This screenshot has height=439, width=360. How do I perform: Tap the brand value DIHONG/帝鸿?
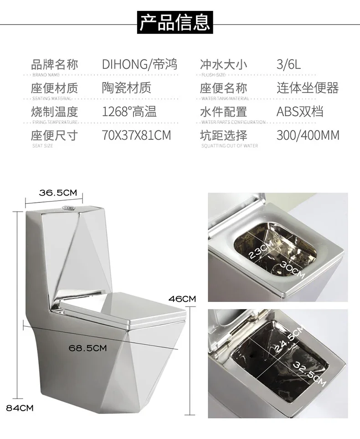click(x=139, y=64)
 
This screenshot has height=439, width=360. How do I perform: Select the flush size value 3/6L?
click(x=288, y=64)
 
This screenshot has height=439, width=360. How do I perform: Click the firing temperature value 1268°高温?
click(x=129, y=111)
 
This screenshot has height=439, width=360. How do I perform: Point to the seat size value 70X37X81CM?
click(x=136, y=135)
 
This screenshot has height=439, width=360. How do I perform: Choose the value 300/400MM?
click(x=308, y=135)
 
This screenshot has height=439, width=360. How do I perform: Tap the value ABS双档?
click(x=300, y=111)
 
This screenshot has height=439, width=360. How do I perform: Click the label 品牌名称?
click(x=54, y=64)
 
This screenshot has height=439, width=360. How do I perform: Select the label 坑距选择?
click(x=223, y=135)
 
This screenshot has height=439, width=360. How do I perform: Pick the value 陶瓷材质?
click(x=126, y=88)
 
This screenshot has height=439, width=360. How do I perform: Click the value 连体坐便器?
click(x=308, y=88)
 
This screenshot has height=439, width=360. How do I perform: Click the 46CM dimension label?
click(x=182, y=299)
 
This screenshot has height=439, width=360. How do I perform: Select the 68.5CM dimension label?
click(x=87, y=348)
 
